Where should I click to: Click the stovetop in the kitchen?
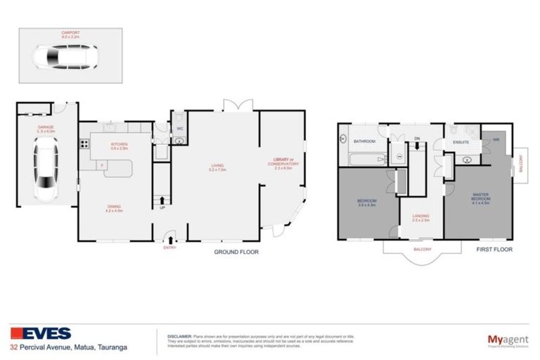(x=84, y=145)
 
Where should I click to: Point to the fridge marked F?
(x=103, y=166)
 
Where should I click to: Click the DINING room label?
(x=114, y=207)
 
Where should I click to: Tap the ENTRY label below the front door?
(x=169, y=247)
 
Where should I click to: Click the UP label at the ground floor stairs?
(x=162, y=207)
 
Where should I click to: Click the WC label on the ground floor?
(x=180, y=129)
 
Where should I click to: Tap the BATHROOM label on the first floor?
(x=364, y=142)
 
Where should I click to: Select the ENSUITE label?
(x=461, y=142)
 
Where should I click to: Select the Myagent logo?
(x=506, y=339)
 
